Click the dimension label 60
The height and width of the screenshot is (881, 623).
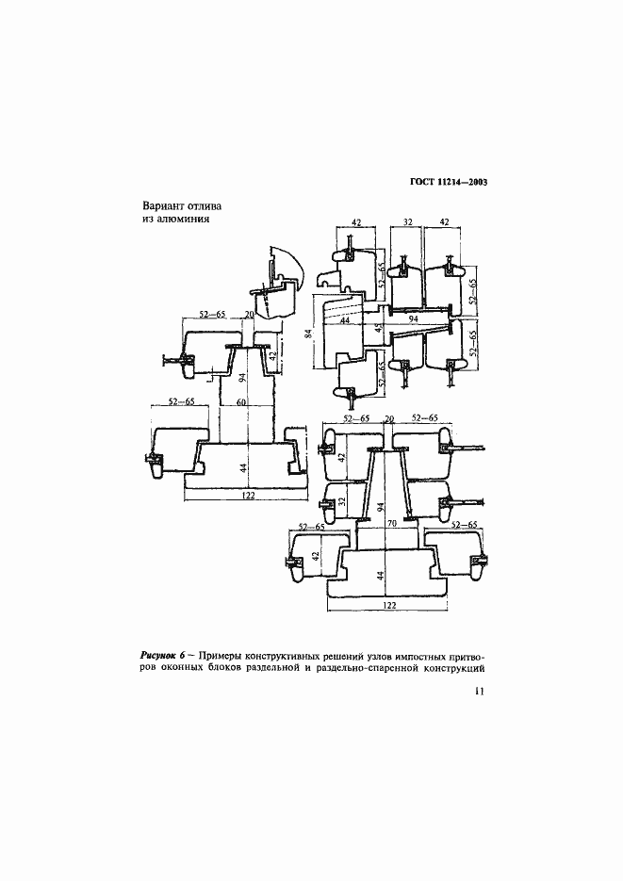tap(241, 401)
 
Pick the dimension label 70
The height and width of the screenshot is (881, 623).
tap(392, 523)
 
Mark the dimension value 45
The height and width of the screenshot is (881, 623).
tap(378, 328)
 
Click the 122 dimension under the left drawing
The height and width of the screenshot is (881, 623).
tap(248, 495)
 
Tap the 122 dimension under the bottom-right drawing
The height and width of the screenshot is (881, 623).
tap(388, 605)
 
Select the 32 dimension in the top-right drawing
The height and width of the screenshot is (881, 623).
tap(408, 222)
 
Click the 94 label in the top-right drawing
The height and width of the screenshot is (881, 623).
tap(415, 319)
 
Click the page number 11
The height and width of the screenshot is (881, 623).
tap(479, 691)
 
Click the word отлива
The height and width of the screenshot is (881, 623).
tap(205, 206)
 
